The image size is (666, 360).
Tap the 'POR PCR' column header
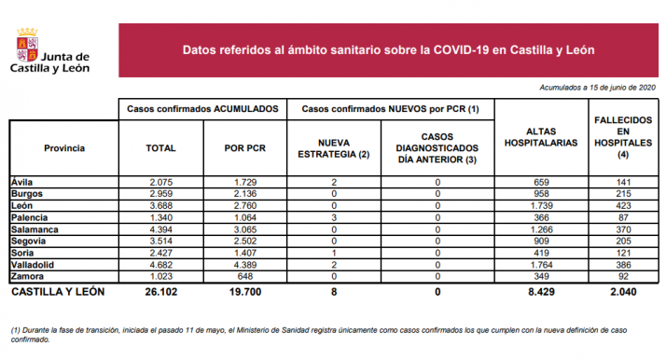246,148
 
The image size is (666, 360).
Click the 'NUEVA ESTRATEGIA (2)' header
333,148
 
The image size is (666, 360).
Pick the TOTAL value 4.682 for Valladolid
161,265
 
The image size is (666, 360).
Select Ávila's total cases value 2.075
161,181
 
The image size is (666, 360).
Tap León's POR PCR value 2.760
246,205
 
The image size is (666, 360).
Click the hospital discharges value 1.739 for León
540,205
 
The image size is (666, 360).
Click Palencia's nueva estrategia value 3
333,217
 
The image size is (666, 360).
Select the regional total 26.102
161,291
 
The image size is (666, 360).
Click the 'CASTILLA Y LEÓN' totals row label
58,291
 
